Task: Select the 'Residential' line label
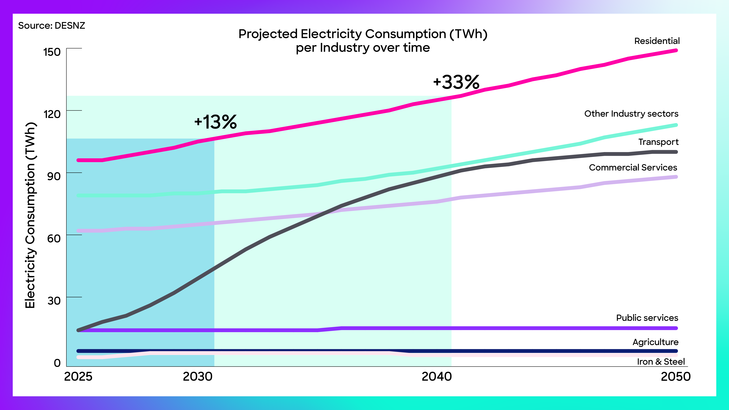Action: (x=657, y=41)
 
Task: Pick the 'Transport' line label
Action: (x=658, y=142)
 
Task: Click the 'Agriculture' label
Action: (x=655, y=342)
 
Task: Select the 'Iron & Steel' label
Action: (x=661, y=362)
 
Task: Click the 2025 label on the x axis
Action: (x=78, y=377)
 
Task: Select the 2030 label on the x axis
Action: (x=198, y=377)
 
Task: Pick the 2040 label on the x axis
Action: (x=436, y=377)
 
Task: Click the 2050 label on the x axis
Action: (x=676, y=377)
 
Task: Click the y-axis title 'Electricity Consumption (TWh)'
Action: (x=30, y=215)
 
